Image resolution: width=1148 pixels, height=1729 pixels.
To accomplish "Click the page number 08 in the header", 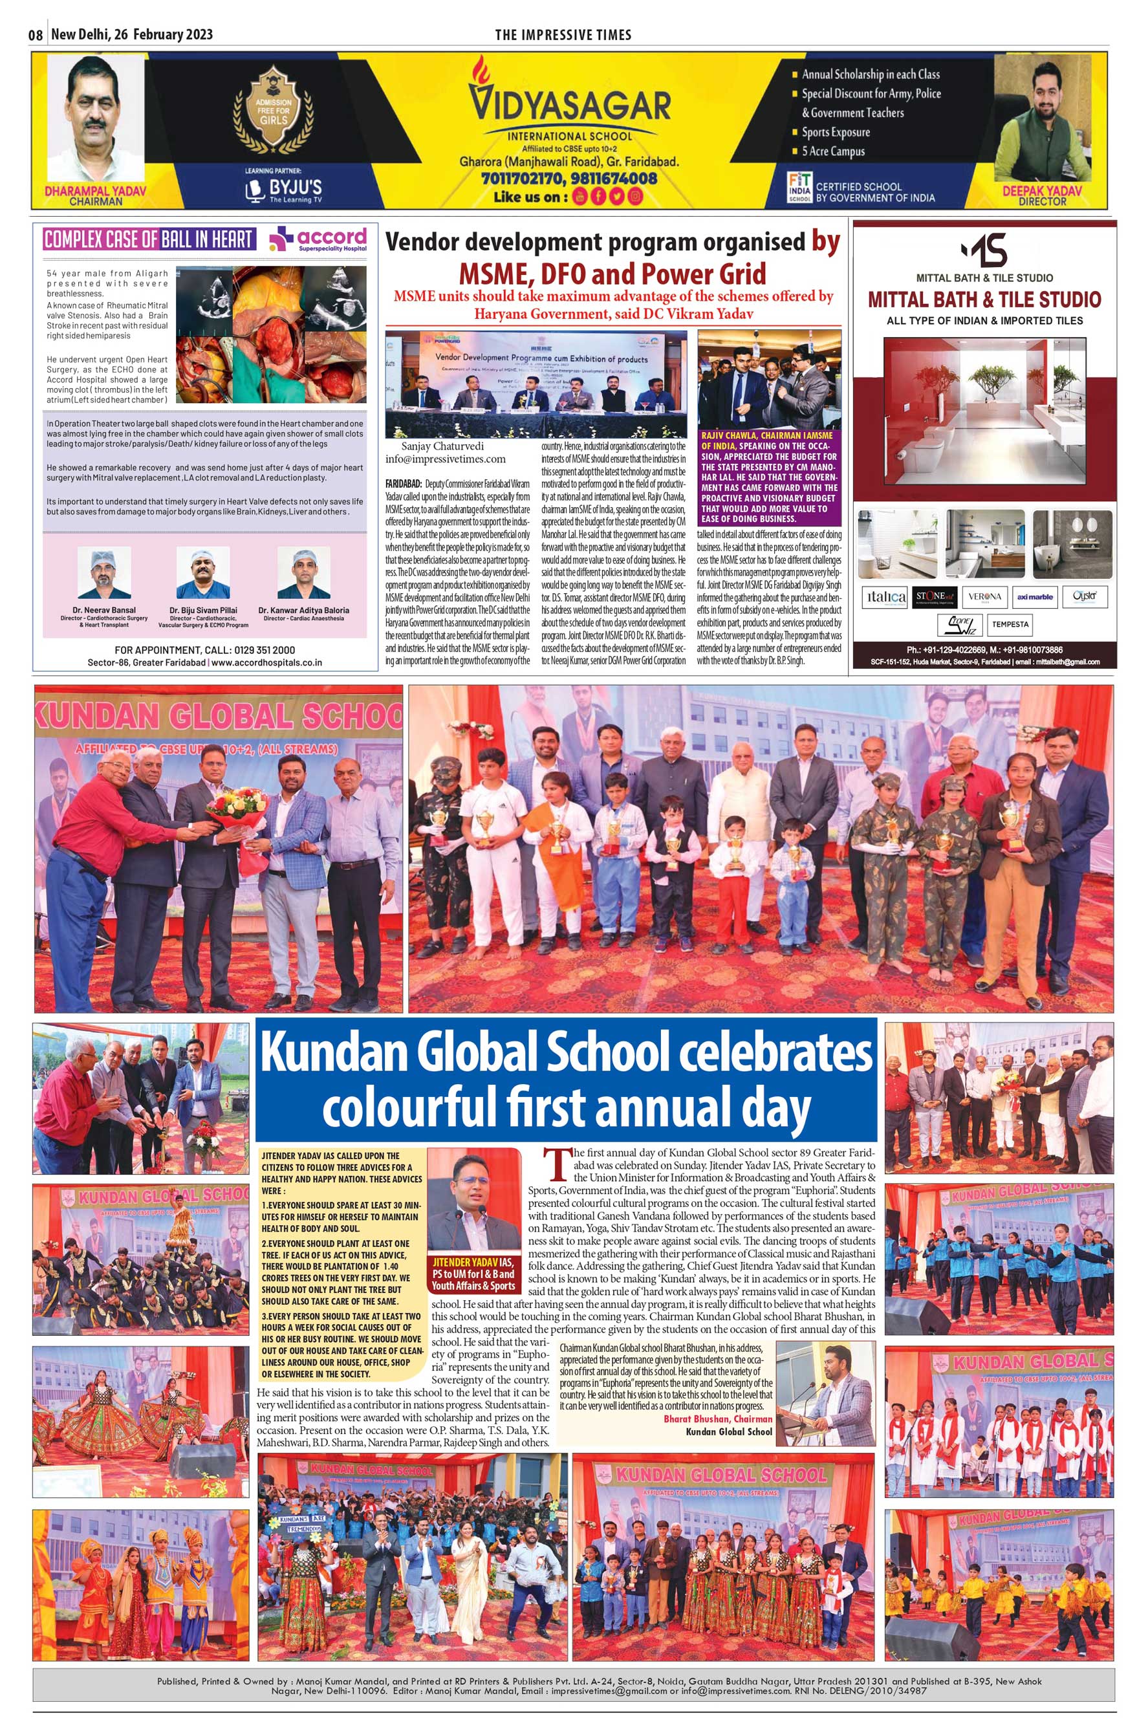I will pyautogui.click(x=36, y=35).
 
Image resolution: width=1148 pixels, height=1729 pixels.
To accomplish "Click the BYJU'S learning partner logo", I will pyautogui.click(x=283, y=189).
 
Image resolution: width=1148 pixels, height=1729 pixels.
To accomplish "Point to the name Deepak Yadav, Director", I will pyautogui.click(x=1042, y=191).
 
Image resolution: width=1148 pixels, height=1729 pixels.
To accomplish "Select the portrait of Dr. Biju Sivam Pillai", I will pyautogui.click(x=203, y=572).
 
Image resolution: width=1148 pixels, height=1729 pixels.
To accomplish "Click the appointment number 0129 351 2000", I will pyautogui.click(x=265, y=649).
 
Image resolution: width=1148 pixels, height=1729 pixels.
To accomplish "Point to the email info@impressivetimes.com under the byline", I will pyautogui.click(x=445, y=459).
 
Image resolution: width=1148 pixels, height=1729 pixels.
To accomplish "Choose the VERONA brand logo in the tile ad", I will pyautogui.click(x=984, y=597).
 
